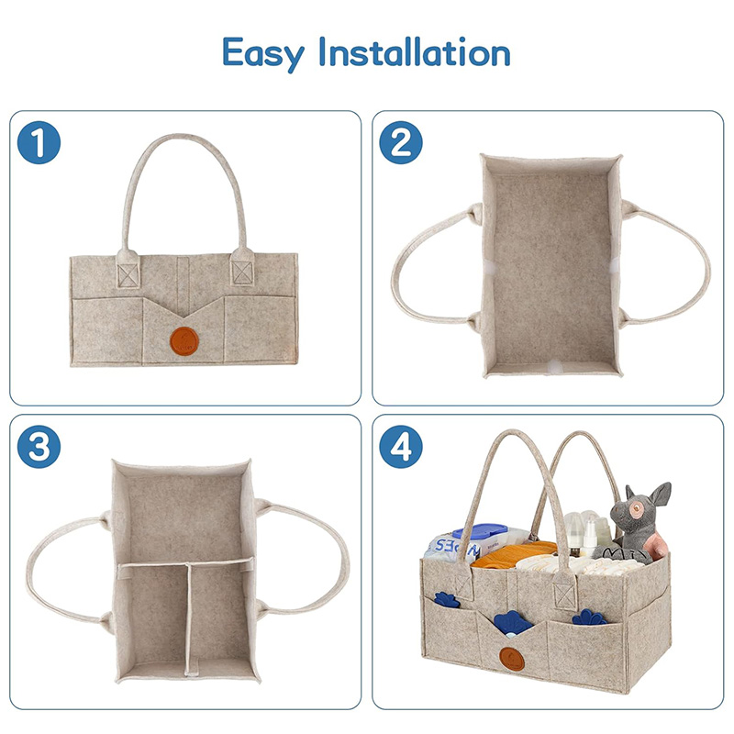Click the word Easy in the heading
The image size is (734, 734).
click(263, 52)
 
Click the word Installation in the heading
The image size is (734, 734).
click(413, 52)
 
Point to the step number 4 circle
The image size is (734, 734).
click(401, 446)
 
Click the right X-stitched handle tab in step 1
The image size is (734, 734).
click(241, 272)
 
